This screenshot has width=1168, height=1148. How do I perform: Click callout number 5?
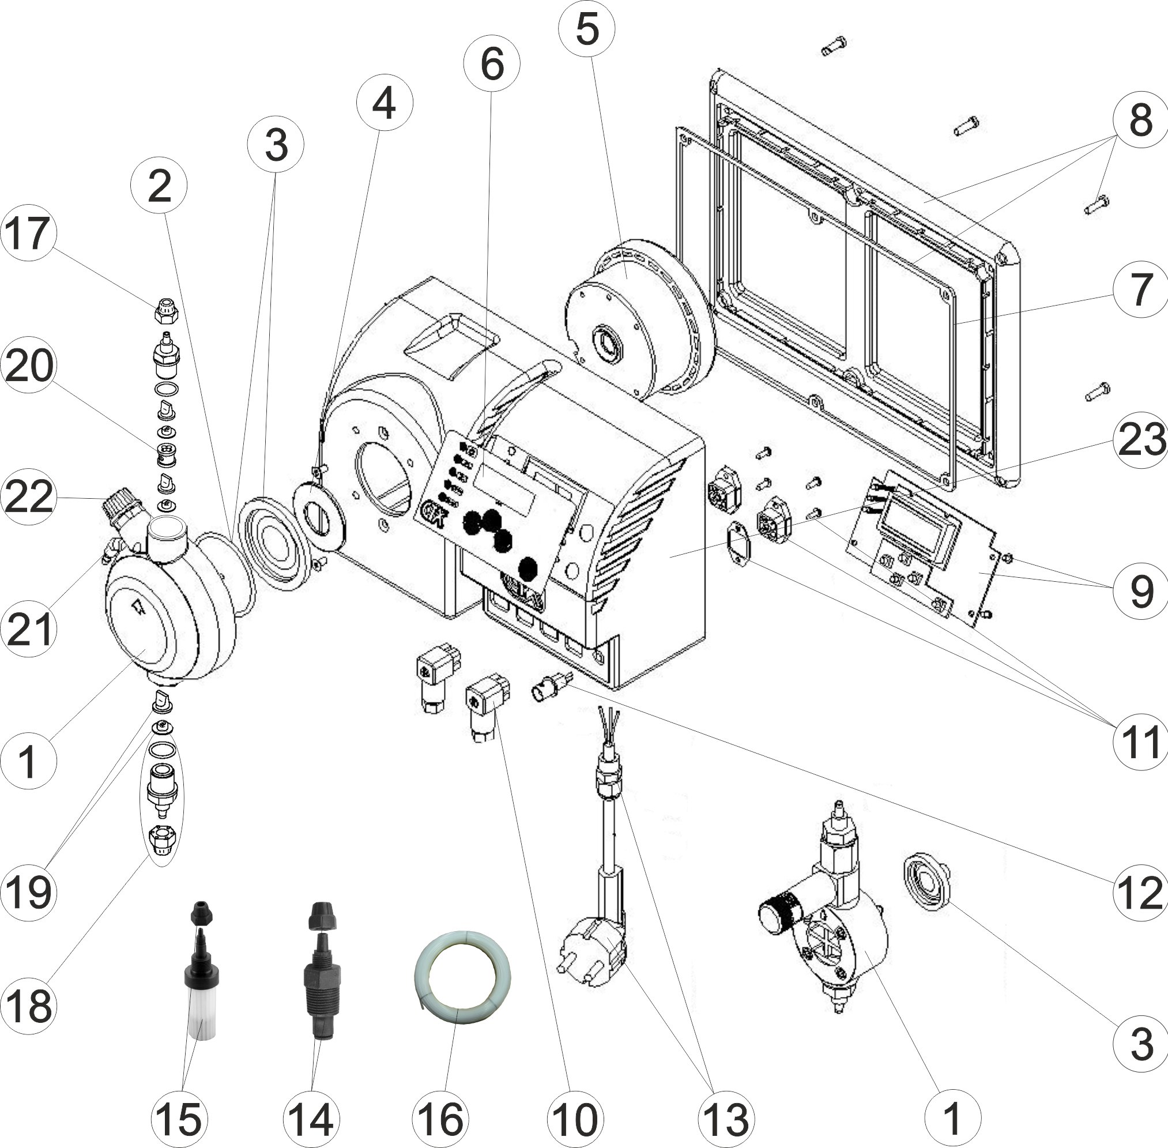(586, 29)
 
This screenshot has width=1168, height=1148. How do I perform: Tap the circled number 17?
(28, 234)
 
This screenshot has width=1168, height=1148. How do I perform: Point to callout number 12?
(1140, 893)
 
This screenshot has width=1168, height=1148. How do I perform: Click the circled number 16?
(441, 1119)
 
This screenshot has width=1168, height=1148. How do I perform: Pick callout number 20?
(28, 366)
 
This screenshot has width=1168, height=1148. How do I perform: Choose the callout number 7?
(1140, 290)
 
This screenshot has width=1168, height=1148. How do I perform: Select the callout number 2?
(159, 186)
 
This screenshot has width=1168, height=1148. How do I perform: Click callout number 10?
(576, 1119)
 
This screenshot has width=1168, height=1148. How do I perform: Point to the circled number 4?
(384, 104)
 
